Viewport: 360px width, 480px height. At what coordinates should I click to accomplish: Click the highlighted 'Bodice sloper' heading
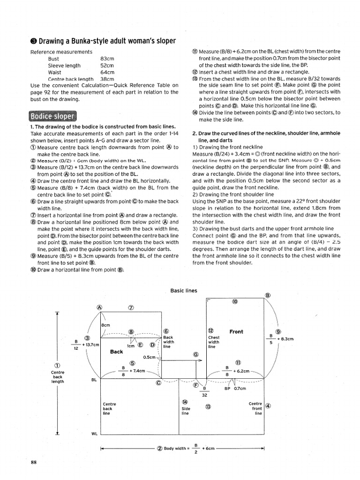(52, 116)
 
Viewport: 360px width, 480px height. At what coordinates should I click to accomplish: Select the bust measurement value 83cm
(107, 59)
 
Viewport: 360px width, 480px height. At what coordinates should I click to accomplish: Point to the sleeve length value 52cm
(107, 66)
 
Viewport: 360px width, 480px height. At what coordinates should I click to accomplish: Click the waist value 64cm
(107, 73)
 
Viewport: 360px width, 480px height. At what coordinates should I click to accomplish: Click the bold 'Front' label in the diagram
(236, 332)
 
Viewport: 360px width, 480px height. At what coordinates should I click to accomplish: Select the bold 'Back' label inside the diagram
(116, 352)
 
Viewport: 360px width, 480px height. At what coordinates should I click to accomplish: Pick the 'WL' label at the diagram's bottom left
(94, 434)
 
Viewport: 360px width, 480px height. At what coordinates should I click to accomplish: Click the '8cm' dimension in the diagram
(106, 325)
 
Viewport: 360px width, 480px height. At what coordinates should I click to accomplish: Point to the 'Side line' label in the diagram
(186, 411)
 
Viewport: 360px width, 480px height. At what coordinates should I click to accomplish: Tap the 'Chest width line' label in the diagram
(213, 342)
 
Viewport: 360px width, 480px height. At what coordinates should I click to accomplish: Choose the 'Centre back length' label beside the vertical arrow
(58, 376)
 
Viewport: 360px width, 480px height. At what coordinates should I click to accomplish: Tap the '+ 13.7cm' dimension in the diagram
(90, 345)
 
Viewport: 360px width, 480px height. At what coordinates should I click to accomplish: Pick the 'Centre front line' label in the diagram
(255, 408)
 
